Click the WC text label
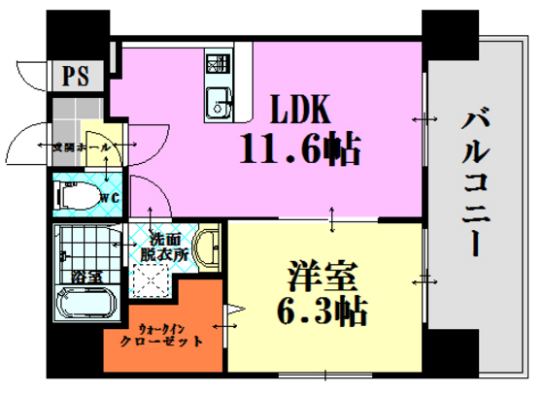coord(109,198)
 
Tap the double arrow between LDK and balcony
coord(422,119)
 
